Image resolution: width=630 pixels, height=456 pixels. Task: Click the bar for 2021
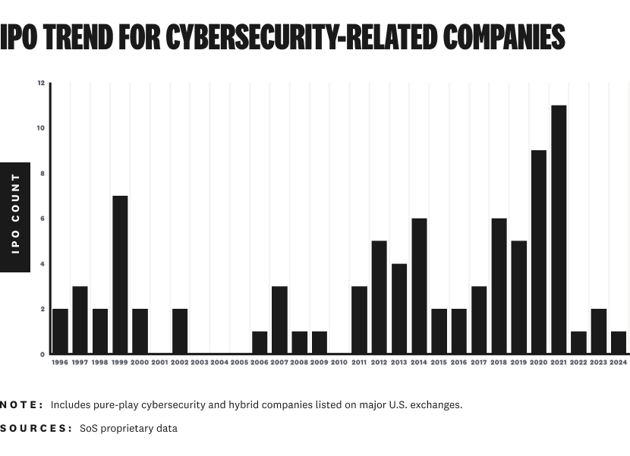(x=559, y=229)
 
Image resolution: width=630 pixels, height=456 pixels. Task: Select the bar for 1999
(x=120, y=275)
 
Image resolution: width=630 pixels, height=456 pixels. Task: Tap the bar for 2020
(x=539, y=252)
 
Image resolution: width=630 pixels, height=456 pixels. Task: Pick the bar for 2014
(x=419, y=286)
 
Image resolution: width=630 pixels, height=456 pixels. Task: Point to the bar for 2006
(x=260, y=342)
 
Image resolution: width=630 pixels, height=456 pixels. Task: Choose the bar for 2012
(x=380, y=297)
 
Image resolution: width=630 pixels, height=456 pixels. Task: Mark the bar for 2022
(x=578, y=342)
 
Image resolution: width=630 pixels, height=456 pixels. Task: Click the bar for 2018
(x=499, y=286)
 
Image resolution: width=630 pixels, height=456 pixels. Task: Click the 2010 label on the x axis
(x=339, y=363)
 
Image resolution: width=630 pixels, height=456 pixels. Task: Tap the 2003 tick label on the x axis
(x=200, y=363)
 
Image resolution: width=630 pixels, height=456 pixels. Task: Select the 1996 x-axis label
(x=60, y=363)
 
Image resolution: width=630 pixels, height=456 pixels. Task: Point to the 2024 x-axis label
(x=618, y=363)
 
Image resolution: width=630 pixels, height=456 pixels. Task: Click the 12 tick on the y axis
(x=41, y=83)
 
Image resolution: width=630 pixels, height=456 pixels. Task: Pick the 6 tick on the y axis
(x=43, y=219)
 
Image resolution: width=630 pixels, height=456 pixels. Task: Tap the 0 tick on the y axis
(x=43, y=354)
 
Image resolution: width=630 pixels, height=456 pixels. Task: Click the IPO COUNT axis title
(x=15, y=217)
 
